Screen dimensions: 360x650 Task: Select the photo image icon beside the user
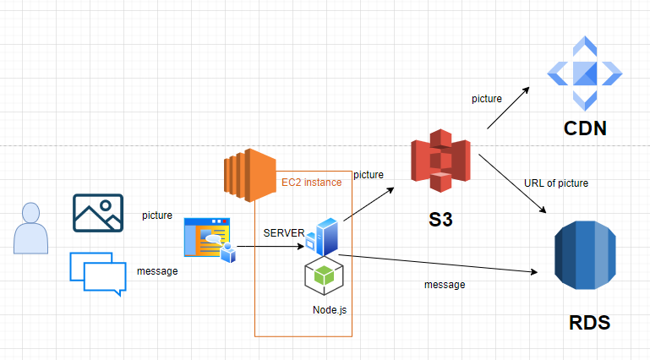tap(98, 213)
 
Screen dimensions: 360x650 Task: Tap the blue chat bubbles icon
tap(98, 273)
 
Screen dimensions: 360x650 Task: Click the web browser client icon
tap(209, 238)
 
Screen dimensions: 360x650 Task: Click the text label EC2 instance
tap(311, 182)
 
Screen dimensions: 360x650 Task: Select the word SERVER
tap(283, 232)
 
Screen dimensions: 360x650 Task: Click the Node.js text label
tap(330, 310)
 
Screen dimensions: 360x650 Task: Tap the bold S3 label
tap(440, 222)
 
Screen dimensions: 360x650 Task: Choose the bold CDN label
tap(585, 129)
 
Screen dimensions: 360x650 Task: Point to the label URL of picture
tap(556, 183)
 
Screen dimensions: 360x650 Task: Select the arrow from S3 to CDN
tap(508, 108)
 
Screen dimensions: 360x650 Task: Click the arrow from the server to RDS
tap(440, 265)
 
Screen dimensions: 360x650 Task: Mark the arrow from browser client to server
tap(270, 248)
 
